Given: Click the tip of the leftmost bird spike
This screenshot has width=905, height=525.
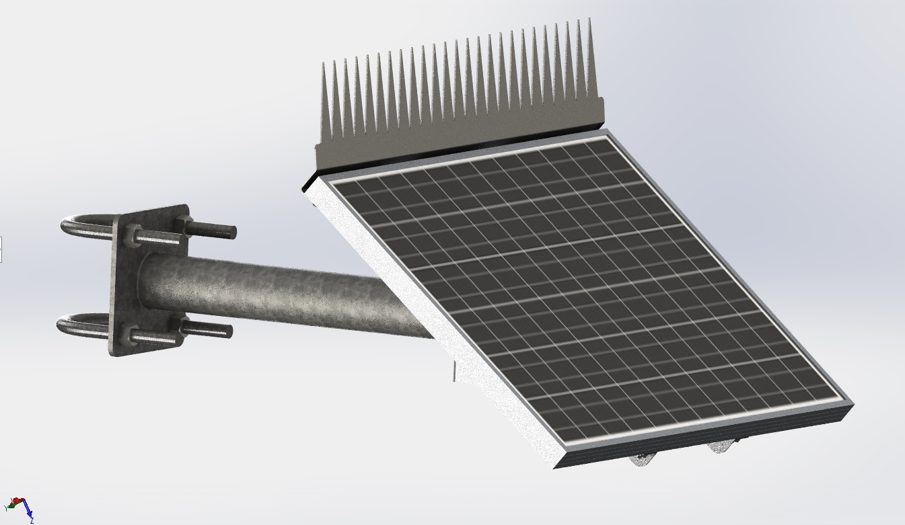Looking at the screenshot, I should point(324,65).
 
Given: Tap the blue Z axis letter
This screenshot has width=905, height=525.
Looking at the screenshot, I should point(32,520).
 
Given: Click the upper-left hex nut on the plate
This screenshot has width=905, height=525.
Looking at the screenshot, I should point(131,237).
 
